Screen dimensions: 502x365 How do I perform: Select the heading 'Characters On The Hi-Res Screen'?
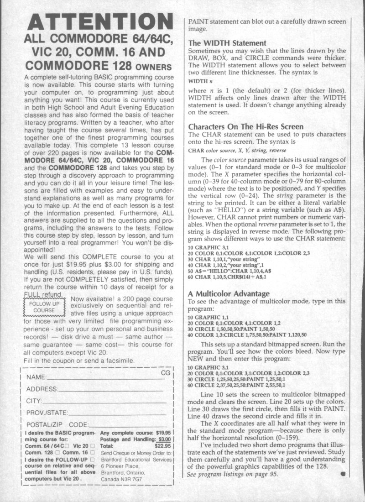click(246, 126)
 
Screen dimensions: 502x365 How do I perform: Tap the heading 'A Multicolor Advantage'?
click(229, 293)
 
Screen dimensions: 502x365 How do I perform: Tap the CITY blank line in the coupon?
click(103, 402)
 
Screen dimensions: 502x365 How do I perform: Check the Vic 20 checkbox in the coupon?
click(93, 446)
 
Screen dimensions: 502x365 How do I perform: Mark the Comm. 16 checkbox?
click(93, 454)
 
